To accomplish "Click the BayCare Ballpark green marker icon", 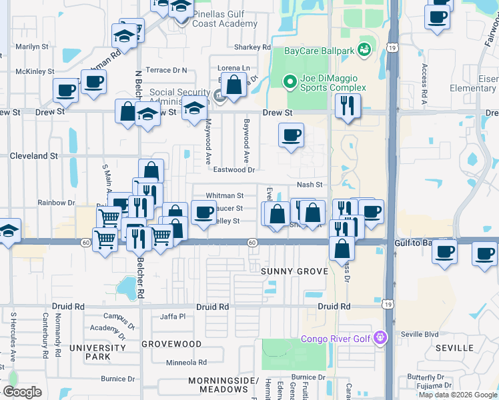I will [x=364, y=50].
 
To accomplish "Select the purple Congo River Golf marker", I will [x=380, y=338].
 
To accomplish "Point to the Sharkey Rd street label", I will [x=252, y=47].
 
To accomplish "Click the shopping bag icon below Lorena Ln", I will [x=233, y=86].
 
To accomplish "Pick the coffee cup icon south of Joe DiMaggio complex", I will [x=291, y=136].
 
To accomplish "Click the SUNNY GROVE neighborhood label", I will [x=294, y=271].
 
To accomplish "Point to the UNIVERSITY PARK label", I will [x=97, y=352].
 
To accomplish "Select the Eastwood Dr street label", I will [x=233, y=170].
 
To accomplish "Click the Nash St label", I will [x=310, y=185].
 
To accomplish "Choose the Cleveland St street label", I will [x=33, y=155].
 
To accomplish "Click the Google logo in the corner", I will [x=22, y=392].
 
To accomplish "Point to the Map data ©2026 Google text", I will [x=458, y=395].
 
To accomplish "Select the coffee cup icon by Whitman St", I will [x=203, y=213].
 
